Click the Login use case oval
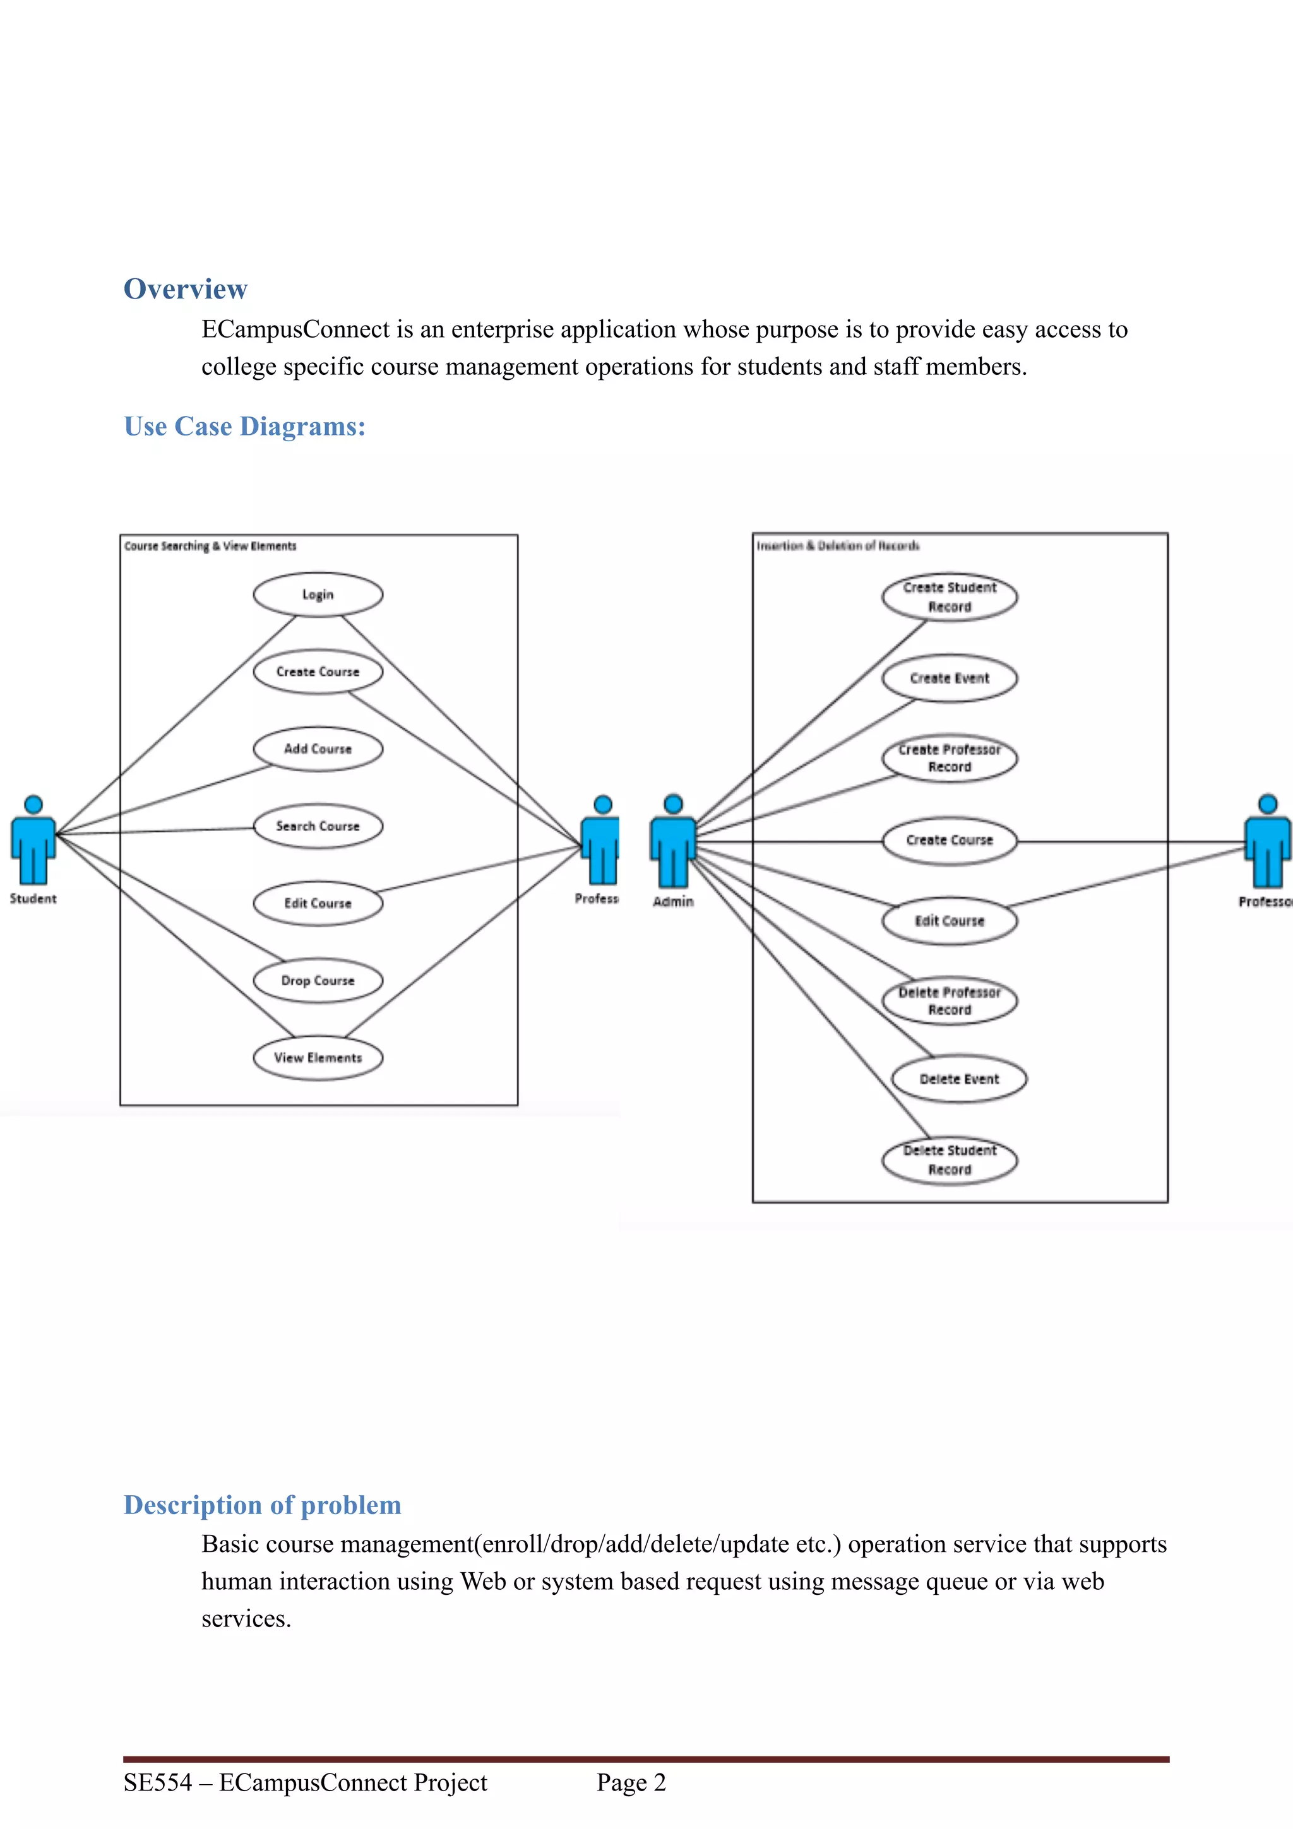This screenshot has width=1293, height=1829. [318, 595]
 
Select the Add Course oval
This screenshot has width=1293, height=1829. [318, 749]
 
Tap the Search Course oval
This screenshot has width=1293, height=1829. [318, 826]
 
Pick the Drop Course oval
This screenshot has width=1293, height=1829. [318, 981]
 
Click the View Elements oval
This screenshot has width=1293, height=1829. [318, 1058]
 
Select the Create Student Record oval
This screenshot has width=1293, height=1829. [950, 596]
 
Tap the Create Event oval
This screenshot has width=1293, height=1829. [950, 678]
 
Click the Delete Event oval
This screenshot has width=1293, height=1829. [959, 1079]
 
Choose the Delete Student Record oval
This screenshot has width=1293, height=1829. [950, 1160]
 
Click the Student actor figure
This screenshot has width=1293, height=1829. [33, 841]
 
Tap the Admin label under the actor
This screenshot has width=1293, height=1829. [673, 902]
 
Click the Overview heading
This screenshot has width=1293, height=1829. [186, 289]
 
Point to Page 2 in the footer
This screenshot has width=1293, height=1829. [631, 1783]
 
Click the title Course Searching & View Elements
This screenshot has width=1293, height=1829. [210, 547]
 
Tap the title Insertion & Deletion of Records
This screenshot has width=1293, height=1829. [838, 546]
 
